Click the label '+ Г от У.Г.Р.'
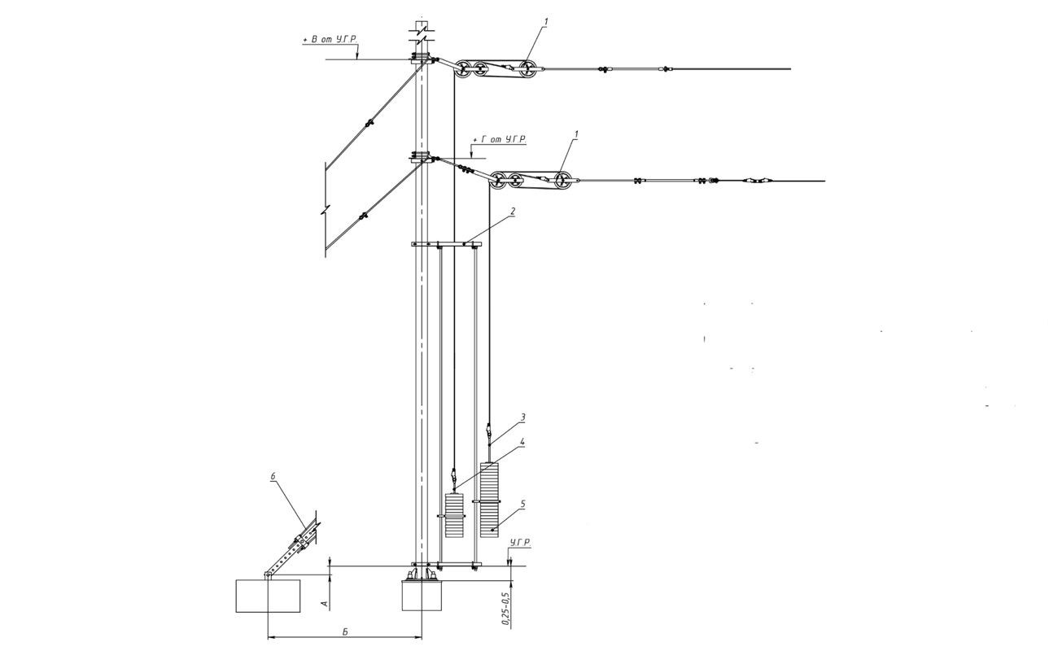(x=500, y=139)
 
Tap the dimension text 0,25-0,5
(x=506, y=609)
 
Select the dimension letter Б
(x=345, y=632)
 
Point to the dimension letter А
(x=324, y=603)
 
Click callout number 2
(x=513, y=212)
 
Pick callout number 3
(x=522, y=417)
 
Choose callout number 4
(x=522, y=442)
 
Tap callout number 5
(x=522, y=504)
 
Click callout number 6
(x=273, y=477)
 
